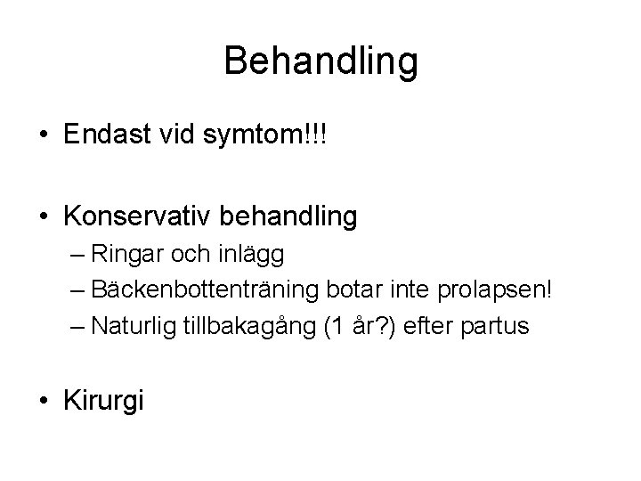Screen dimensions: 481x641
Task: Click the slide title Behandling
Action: click(x=320, y=61)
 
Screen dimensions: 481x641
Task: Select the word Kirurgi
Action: click(x=103, y=400)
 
